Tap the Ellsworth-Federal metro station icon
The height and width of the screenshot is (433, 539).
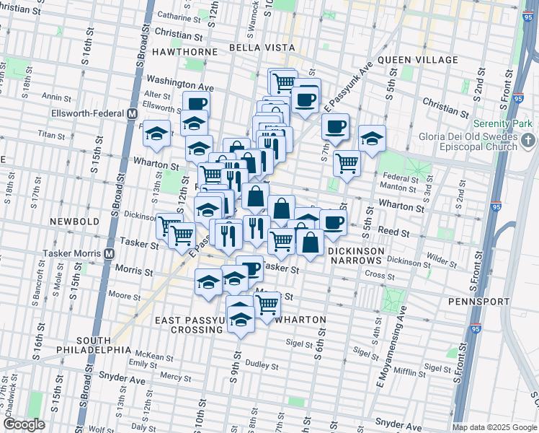coord(132,113)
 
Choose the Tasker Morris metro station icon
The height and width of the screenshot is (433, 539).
coord(110,253)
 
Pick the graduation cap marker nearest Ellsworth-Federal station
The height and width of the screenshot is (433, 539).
coord(156,134)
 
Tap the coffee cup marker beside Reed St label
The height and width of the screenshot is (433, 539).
coord(332,222)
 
